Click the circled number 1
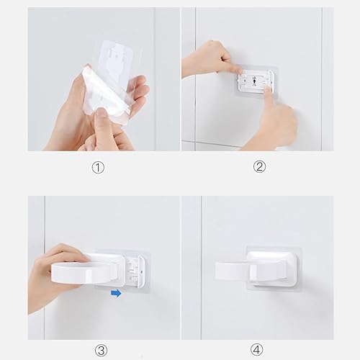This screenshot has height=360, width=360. [98, 167]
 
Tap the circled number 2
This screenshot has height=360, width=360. [259, 166]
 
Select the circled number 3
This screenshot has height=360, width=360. [101, 351]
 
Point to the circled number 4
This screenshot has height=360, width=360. [256, 349]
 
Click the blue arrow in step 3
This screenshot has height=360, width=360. [116, 293]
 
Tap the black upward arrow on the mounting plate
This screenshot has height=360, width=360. [254, 82]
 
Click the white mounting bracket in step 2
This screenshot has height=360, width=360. [255, 81]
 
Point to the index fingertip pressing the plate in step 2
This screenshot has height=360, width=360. [269, 91]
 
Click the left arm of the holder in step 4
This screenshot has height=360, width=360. [233, 271]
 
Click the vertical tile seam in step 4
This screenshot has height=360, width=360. [201, 268]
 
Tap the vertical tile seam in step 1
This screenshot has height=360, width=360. [155, 79]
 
